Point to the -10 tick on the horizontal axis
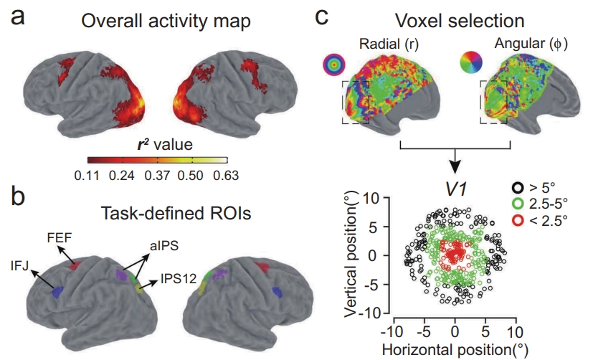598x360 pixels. [392, 333]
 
